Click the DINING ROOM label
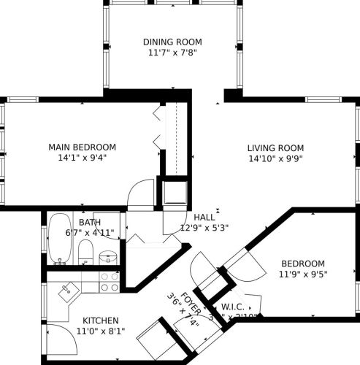click(172, 42)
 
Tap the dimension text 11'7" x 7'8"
click(172, 53)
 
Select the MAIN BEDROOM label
click(82, 147)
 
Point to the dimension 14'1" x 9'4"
click(82, 158)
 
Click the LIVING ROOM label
click(275, 147)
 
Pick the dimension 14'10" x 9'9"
click(275, 158)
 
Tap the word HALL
click(204, 217)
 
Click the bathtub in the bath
click(57, 239)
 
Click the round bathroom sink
click(108, 257)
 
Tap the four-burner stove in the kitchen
click(109, 282)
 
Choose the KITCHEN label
click(101, 320)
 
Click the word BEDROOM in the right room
click(302, 264)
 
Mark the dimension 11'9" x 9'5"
click(302, 274)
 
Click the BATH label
click(90, 222)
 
